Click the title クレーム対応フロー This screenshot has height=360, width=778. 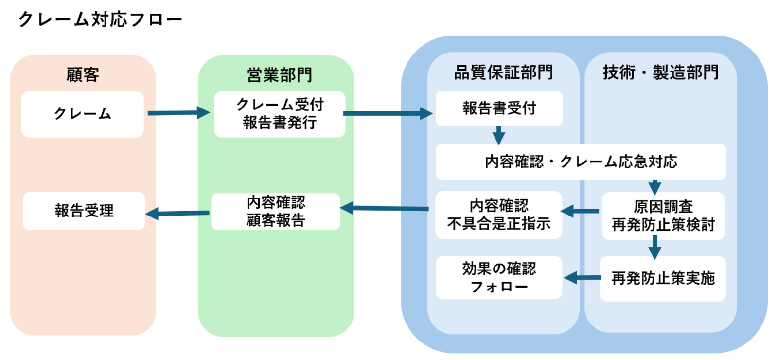pos(100,19)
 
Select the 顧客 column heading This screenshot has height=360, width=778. pos(83,74)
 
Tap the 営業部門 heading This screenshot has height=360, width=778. pos(279,75)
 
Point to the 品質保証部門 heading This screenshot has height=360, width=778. pos(503,72)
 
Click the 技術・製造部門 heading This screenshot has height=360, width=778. pos(660,72)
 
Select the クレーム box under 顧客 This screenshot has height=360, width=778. pos(83,114)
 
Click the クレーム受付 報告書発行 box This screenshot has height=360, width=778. pos(280,114)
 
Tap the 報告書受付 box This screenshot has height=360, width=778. pos(499,108)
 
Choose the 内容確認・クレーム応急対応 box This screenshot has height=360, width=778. pos(581,162)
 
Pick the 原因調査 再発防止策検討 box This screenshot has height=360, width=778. pos(663,216)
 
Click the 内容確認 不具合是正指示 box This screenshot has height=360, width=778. pos(498,215)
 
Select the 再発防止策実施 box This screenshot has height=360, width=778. pos(663,278)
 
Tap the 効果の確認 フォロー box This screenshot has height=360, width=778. pos(499,277)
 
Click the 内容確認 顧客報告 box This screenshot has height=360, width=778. pos(276,211)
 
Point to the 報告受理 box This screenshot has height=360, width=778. pos(84,211)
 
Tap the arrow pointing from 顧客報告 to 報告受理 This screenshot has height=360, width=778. pos(177,213)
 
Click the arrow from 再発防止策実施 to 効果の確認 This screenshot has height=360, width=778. pos(582,278)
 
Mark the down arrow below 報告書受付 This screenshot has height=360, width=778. pos(498,135)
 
